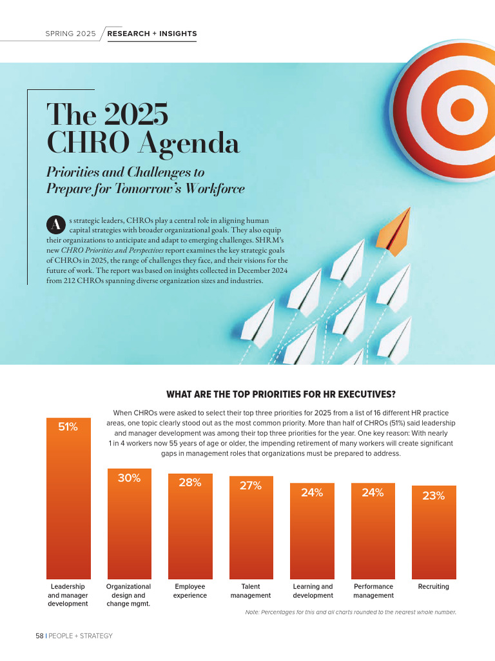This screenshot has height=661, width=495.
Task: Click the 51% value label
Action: click(x=68, y=427)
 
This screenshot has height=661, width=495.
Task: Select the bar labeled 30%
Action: click(x=128, y=529)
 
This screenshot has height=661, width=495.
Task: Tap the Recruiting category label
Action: click(x=433, y=587)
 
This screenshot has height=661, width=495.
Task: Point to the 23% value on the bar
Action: click(x=433, y=496)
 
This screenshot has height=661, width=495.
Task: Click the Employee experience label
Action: click(x=189, y=591)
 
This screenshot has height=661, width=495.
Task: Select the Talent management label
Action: click(x=251, y=591)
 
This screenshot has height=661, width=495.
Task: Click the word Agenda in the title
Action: click(x=188, y=143)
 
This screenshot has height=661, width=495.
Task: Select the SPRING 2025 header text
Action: click(x=70, y=34)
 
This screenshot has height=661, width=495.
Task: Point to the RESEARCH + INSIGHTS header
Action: click(x=152, y=34)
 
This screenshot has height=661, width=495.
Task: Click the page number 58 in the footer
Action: click(x=39, y=636)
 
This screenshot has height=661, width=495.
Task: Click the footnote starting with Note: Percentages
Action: click(x=351, y=612)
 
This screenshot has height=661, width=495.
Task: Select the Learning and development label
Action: click(x=313, y=591)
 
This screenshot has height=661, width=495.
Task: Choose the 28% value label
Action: click(x=189, y=483)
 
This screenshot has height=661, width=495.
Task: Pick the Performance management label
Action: click(x=373, y=591)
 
